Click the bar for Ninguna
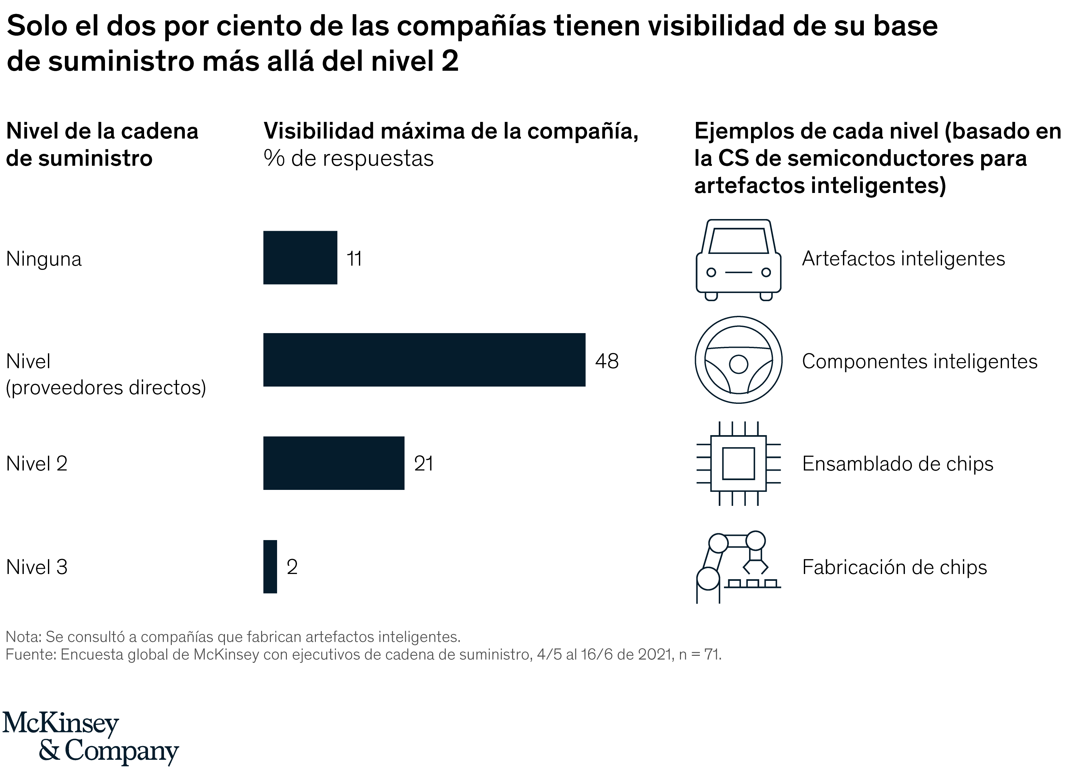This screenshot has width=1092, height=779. pos(300,257)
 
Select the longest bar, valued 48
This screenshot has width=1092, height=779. pos(424,360)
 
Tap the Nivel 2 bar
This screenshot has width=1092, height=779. pos(334,463)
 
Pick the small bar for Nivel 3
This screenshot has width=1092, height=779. pos(270,566)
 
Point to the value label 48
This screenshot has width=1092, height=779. pos(607,361)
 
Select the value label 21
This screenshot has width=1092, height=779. pos(423,464)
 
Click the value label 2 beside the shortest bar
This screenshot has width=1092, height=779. pos(292,567)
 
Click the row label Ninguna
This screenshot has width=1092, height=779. pos(44,259)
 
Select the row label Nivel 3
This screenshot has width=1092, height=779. pos(37,567)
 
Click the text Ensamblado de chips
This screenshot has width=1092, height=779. pos(897,464)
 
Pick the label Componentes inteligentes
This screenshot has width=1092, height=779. pos(919,361)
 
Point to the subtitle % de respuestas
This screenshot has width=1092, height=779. pos(349,158)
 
